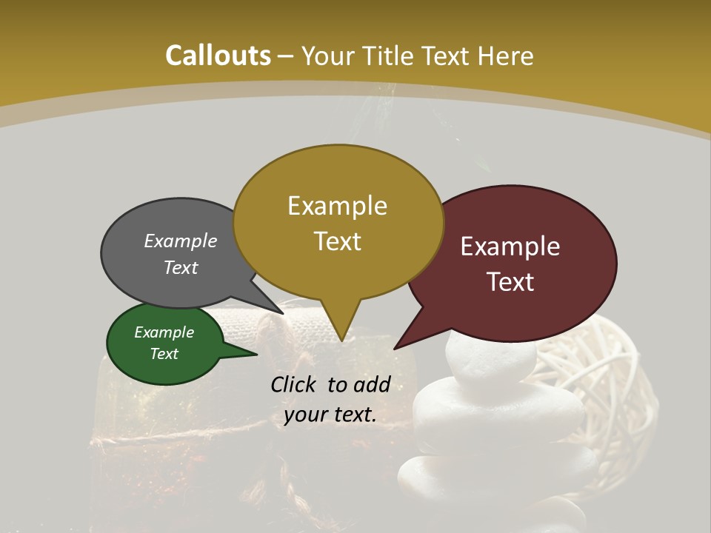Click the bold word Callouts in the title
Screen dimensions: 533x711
218,56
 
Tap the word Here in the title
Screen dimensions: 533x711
505,56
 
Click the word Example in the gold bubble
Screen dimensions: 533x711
337,205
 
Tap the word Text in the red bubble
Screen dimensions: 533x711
510,282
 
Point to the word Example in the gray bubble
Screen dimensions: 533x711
180,241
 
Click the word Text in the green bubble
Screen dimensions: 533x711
164,354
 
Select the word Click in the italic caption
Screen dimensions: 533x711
295,384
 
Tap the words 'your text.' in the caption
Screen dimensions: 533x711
330,415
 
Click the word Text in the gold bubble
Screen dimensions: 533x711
337,241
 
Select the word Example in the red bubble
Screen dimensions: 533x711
510,247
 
